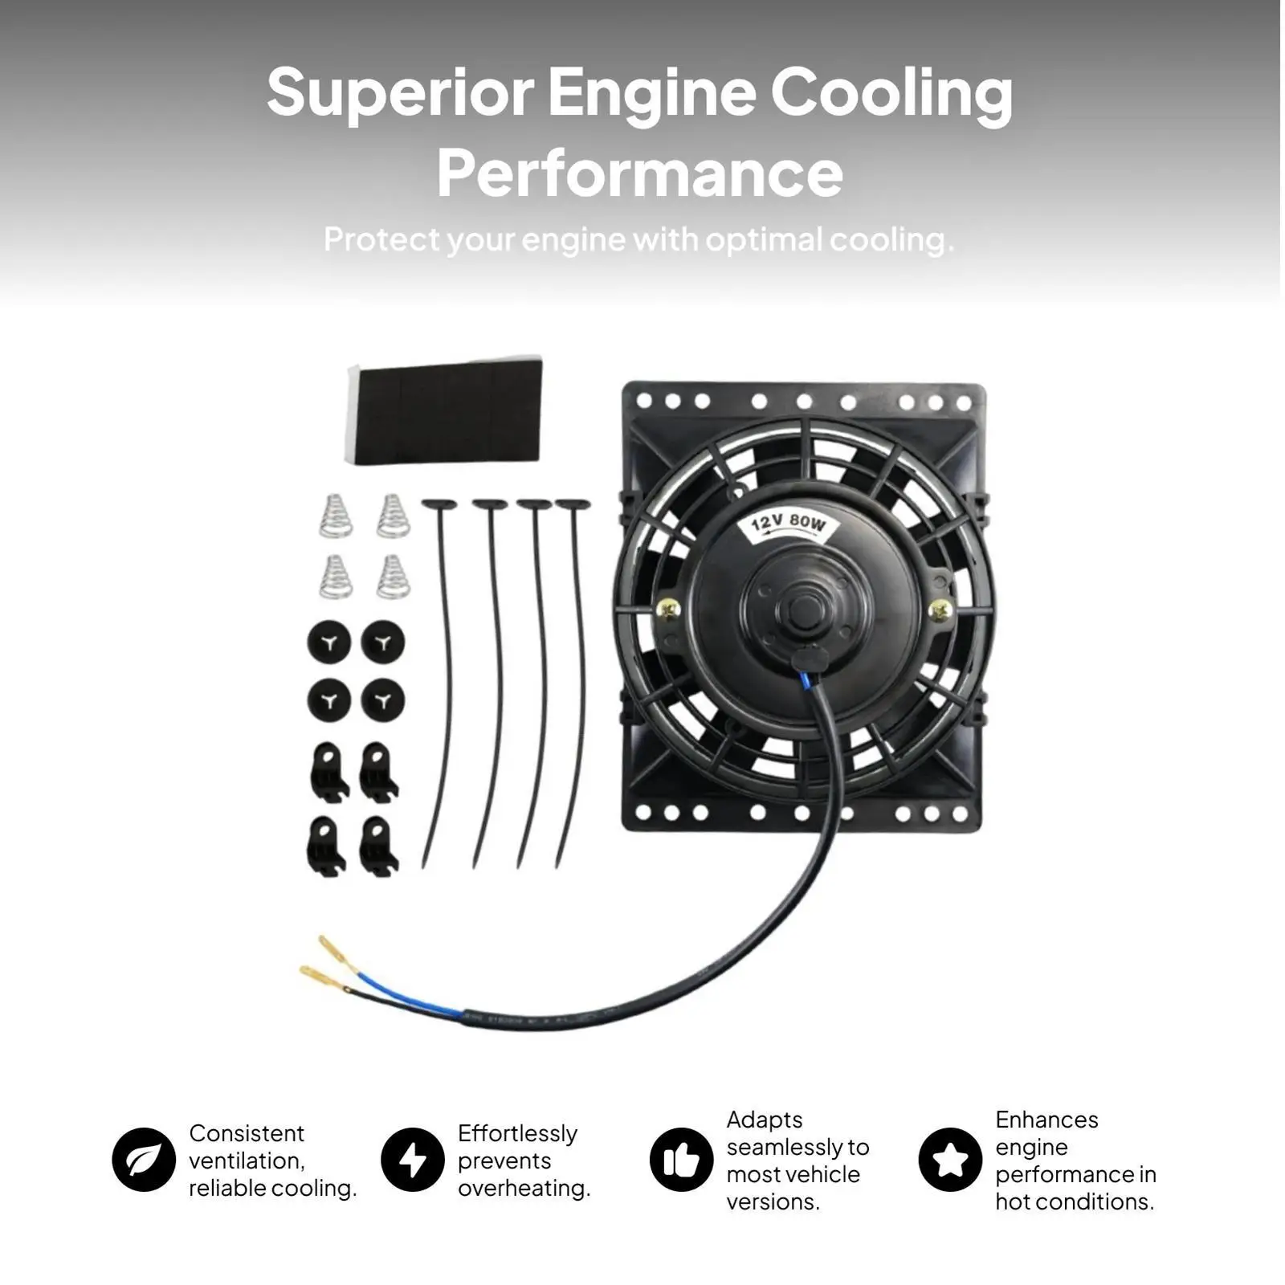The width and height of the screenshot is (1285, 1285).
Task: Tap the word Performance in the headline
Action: click(x=640, y=172)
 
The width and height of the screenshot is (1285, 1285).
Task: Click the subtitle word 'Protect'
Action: click(x=381, y=239)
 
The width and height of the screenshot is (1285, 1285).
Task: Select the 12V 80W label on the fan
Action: click(x=788, y=524)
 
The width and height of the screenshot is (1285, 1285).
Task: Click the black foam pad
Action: click(x=445, y=410)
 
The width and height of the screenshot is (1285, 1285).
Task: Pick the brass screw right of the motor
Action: click(x=940, y=611)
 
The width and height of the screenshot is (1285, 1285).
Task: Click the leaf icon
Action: click(x=144, y=1160)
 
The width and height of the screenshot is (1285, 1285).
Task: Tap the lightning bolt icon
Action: click(x=413, y=1160)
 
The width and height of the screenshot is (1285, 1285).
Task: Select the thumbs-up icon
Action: click(x=682, y=1160)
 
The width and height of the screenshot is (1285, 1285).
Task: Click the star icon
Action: click(x=951, y=1160)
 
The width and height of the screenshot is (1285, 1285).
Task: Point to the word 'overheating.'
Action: click(x=524, y=1188)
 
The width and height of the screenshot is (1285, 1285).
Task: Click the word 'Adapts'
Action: click(x=765, y=1120)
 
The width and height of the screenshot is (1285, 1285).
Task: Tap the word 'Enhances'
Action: click(x=1046, y=1120)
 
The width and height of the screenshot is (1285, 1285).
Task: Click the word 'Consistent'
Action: click(x=247, y=1133)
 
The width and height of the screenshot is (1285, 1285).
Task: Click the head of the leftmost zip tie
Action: click(x=439, y=505)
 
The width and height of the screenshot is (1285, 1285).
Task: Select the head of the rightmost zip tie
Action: click(x=573, y=505)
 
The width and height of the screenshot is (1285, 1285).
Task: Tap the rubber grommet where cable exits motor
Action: click(x=809, y=659)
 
